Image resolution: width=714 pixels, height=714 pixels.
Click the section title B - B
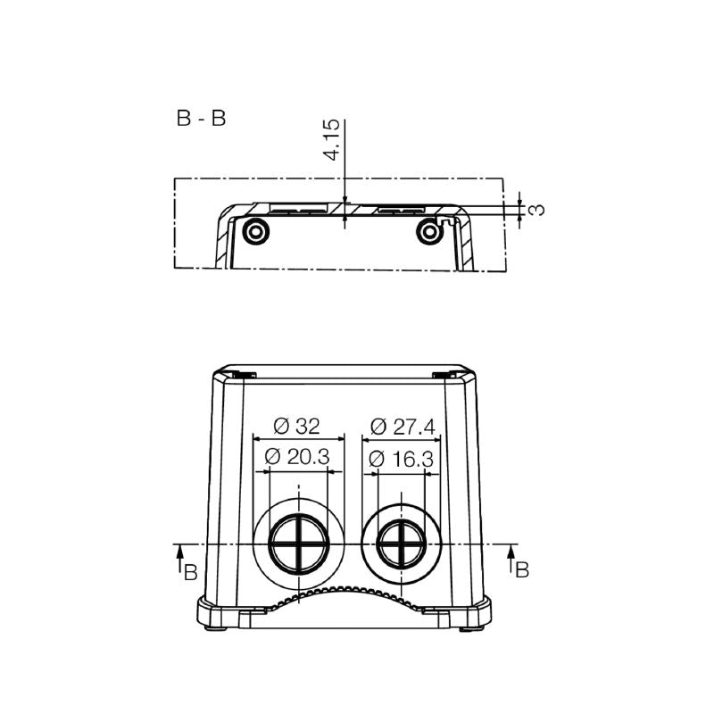click(x=201, y=119)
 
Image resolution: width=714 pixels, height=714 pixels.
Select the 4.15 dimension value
click(x=331, y=142)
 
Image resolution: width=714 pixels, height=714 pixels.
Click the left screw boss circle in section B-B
click(x=256, y=231)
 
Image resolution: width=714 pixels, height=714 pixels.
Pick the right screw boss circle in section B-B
click(x=429, y=231)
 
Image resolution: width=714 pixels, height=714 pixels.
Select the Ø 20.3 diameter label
click(x=298, y=457)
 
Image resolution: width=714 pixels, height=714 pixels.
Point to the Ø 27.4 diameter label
click(x=403, y=427)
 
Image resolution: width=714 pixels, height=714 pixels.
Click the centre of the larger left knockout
click(x=298, y=544)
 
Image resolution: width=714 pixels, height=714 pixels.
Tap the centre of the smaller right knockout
click(x=402, y=544)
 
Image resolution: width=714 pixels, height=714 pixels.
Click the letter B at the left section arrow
click(x=191, y=571)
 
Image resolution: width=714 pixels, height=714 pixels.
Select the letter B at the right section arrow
click(x=523, y=569)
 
